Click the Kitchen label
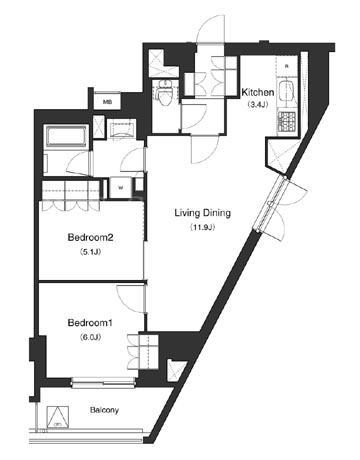[x=258, y=92]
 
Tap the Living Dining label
[x=203, y=213]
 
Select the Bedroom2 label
[x=91, y=238]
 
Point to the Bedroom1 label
[x=91, y=323]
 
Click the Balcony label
[x=104, y=410]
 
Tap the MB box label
[x=107, y=102]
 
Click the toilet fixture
[x=164, y=93]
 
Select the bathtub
[x=66, y=136]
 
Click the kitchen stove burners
[x=286, y=122]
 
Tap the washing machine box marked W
[x=121, y=187]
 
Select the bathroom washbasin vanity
[x=122, y=128]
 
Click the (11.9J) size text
[x=203, y=228]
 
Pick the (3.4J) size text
[x=258, y=104]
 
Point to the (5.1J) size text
[x=90, y=252]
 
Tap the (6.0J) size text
[x=90, y=337]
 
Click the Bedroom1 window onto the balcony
[x=104, y=382]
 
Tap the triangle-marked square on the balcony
[x=58, y=417]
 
